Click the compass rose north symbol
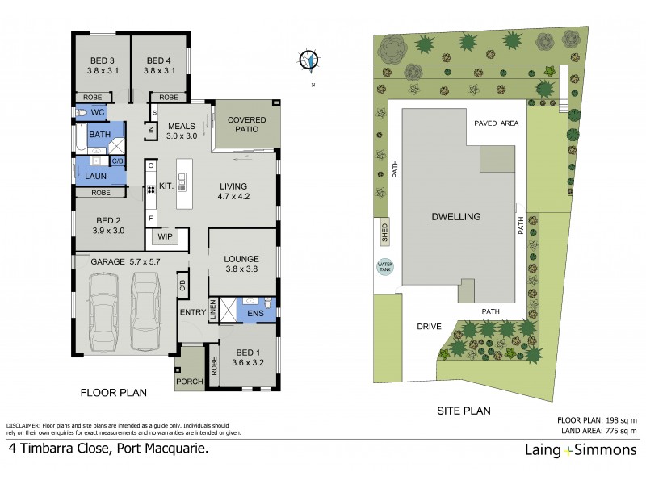coord(309,59)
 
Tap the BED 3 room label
coord(100,65)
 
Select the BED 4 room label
coord(160,65)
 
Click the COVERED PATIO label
coord(246,124)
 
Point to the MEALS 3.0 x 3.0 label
coord(182,131)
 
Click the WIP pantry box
coord(166,237)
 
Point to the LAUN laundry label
coord(96,174)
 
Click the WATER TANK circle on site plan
coord(384,266)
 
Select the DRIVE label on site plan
coord(428,327)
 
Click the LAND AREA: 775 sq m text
coord(597,431)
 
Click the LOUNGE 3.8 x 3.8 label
coord(241,264)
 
